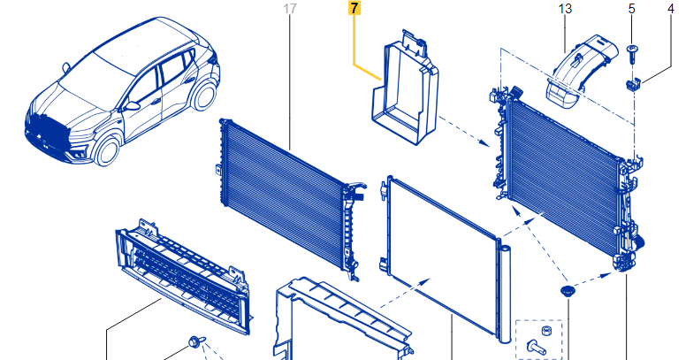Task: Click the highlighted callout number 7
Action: pyautogui.click(x=354, y=8)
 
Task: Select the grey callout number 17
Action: pyautogui.click(x=290, y=8)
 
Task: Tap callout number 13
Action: pyautogui.click(x=565, y=8)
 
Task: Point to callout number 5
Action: pyautogui.click(x=631, y=8)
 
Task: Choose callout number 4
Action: pyautogui.click(x=671, y=8)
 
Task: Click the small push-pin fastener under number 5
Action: pyautogui.click(x=631, y=53)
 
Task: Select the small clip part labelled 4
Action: pyautogui.click(x=633, y=84)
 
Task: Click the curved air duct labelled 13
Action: pyautogui.click(x=581, y=71)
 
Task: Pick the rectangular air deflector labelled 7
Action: pyautogui.click(x=405, y=88)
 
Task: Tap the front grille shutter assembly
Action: pyautogui.click(x=183, y=276)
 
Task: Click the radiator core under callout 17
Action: pyautogui.click(x=291, y=198)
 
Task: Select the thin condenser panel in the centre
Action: pyautogui.click(x=442, y=258)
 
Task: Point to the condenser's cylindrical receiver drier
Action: pyautogui.click(x=505, y=295)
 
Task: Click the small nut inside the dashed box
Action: pyautogui.click(x=546, y=331)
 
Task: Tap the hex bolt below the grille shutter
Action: pyautogui.click(x=195, y=342)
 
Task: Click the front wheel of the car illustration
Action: pyautogui.click(x=107, y=150)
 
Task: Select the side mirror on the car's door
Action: pyautogui.click(x=131, y=105)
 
